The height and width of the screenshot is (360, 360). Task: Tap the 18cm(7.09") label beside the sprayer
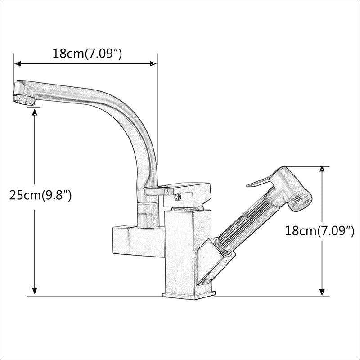(x=319, y=231)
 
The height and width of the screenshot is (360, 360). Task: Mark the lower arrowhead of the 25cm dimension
(x=35, y=292)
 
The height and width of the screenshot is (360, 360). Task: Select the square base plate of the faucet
(x=189, y=295)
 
